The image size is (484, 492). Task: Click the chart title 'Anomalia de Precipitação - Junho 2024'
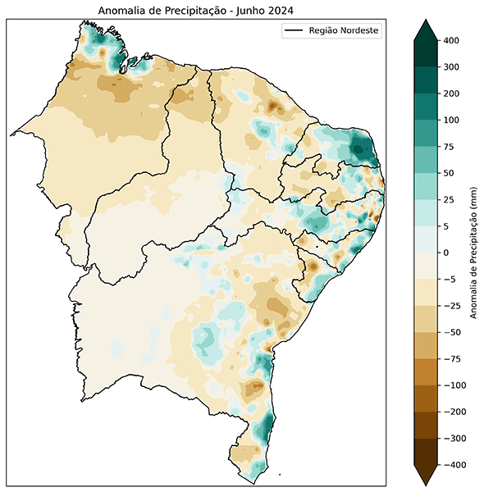point(195,10)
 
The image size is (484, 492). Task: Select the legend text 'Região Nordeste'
point(344,31)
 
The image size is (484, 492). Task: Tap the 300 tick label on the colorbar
point(451,67)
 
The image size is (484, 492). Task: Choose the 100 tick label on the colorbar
point(451,121)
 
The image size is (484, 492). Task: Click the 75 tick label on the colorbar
point(449,147)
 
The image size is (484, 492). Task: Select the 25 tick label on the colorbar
point(449,200)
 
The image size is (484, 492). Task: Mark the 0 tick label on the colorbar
point(446,253)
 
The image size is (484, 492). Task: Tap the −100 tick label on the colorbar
point(454,385)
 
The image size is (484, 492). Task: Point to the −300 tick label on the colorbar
point(454,439)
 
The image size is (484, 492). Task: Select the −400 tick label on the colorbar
point(454,465)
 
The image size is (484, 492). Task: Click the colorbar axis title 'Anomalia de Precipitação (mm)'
point(474,253)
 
